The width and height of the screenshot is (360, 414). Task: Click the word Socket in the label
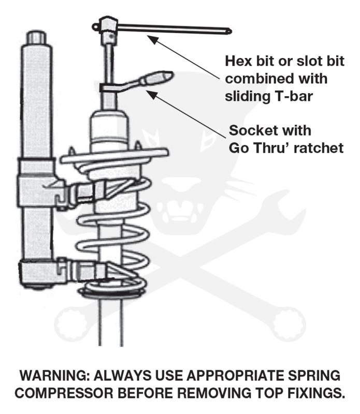[252, 129]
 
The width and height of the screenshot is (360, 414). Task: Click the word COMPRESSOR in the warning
[66, 393]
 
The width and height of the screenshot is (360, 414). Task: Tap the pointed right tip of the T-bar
[228, 30]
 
